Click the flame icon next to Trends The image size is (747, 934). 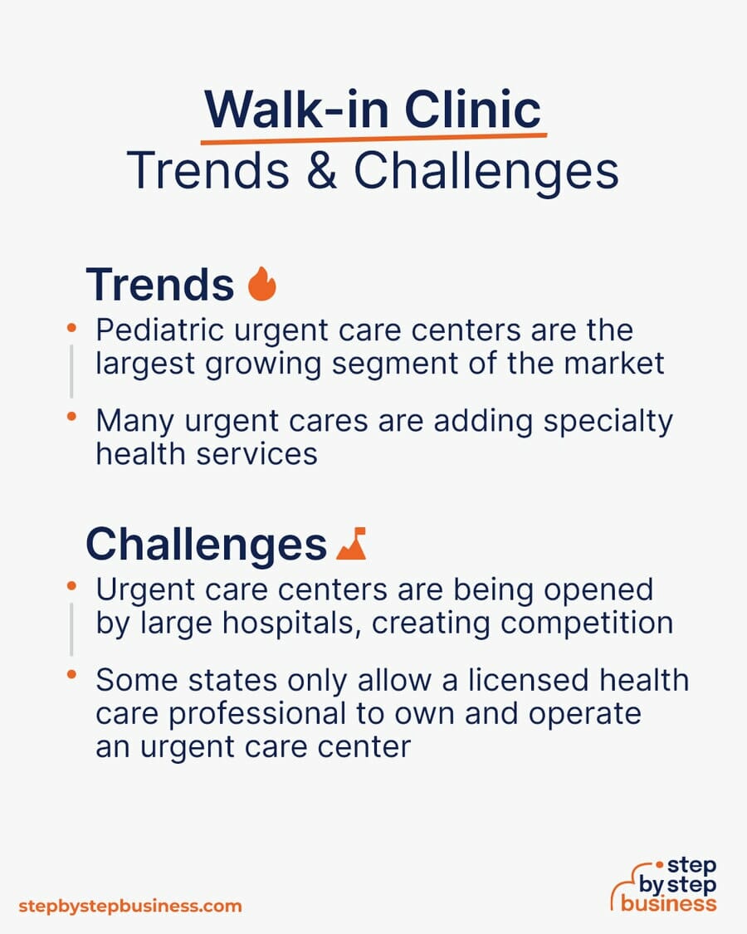click(262, 284)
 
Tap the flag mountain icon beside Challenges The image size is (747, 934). click(351, 543)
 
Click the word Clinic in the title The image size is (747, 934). click(472, 109)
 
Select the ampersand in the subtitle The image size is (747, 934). click(322, 170)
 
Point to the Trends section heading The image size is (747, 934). click(160, 284)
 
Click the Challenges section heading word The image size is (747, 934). click(206, 545)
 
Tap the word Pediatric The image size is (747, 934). click(159, 330)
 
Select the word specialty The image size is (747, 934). click(608, 423)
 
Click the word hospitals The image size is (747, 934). click(291, 624)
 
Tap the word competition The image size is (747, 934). click(587, 623)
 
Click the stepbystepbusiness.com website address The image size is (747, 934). click(130, 906)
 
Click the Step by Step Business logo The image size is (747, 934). click(664, 884)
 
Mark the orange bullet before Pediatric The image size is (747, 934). click(71, 328)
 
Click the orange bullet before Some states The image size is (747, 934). click(71, 675)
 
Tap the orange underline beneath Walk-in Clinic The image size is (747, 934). click(373, 139)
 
